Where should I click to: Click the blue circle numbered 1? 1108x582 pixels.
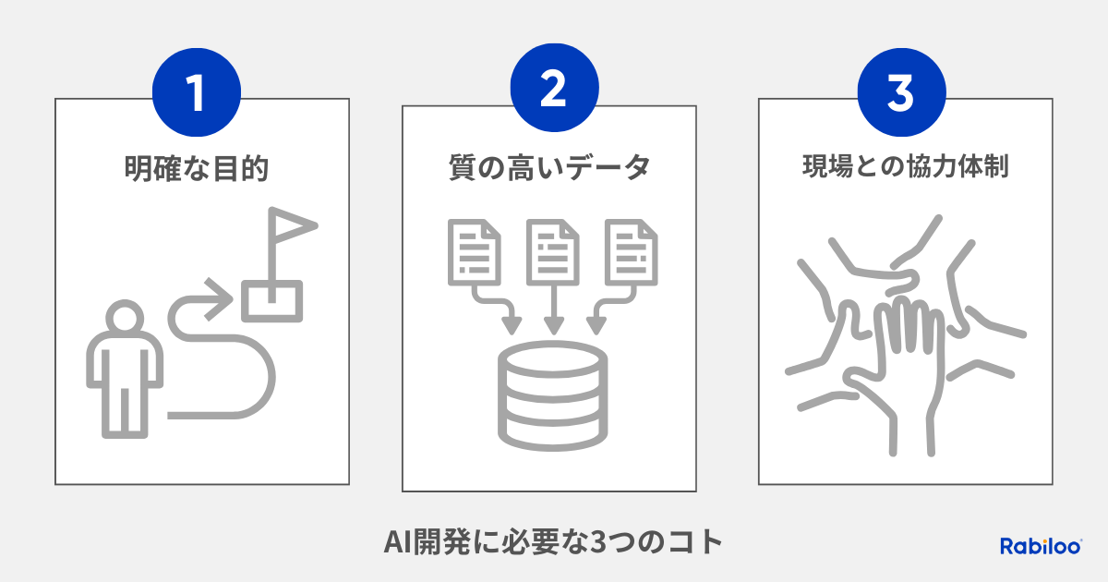pyautogui.click(x=197, y=92)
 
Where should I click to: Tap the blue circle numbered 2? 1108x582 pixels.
pyautogui.click(x=555, y=88)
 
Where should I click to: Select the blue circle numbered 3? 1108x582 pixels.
pyautogui.click(x=902, y=92)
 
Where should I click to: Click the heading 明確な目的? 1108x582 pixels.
pyautogui.click(x=197, y=168)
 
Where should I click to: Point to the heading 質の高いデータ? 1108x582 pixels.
pyautogui.click(x=549, y=167)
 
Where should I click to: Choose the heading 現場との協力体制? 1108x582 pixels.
pyautogui.click(x=905, y=165)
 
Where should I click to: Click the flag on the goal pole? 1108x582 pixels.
pyautogui.click(x=293, y=225)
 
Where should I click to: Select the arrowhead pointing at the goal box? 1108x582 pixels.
pyautogui.click(x=218, y=299)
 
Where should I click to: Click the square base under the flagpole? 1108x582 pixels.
pyautogui.click(x=272, y=301)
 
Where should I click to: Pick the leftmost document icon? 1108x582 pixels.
pyautogui.click(x=475, y=252)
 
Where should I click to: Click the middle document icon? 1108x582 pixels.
pyautogui.click(x=552, y=252)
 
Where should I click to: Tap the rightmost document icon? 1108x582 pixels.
pyautogui.click(x=632, y=252)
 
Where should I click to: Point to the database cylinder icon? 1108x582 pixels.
pyautogui.click(x=552, y=396)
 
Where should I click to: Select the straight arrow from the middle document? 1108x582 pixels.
pyautogui.click(x=553, y=309)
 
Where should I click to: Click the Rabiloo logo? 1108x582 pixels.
pyautogui.click(x=1041, y=546)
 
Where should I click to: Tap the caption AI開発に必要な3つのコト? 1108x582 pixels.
pyautogui.click(x=553, y=542)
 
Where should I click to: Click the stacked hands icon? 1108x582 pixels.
pyautogui.click(x=905, y=335)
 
